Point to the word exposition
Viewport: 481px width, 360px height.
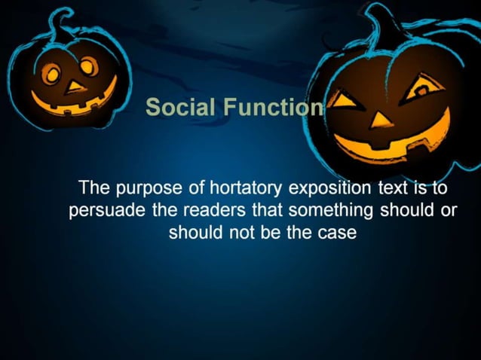tap(326, 188)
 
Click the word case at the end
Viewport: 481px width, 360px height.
tap(335, 233)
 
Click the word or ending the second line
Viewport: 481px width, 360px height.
tap(449, 211)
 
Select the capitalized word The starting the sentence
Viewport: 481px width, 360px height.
tap(95, 188)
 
